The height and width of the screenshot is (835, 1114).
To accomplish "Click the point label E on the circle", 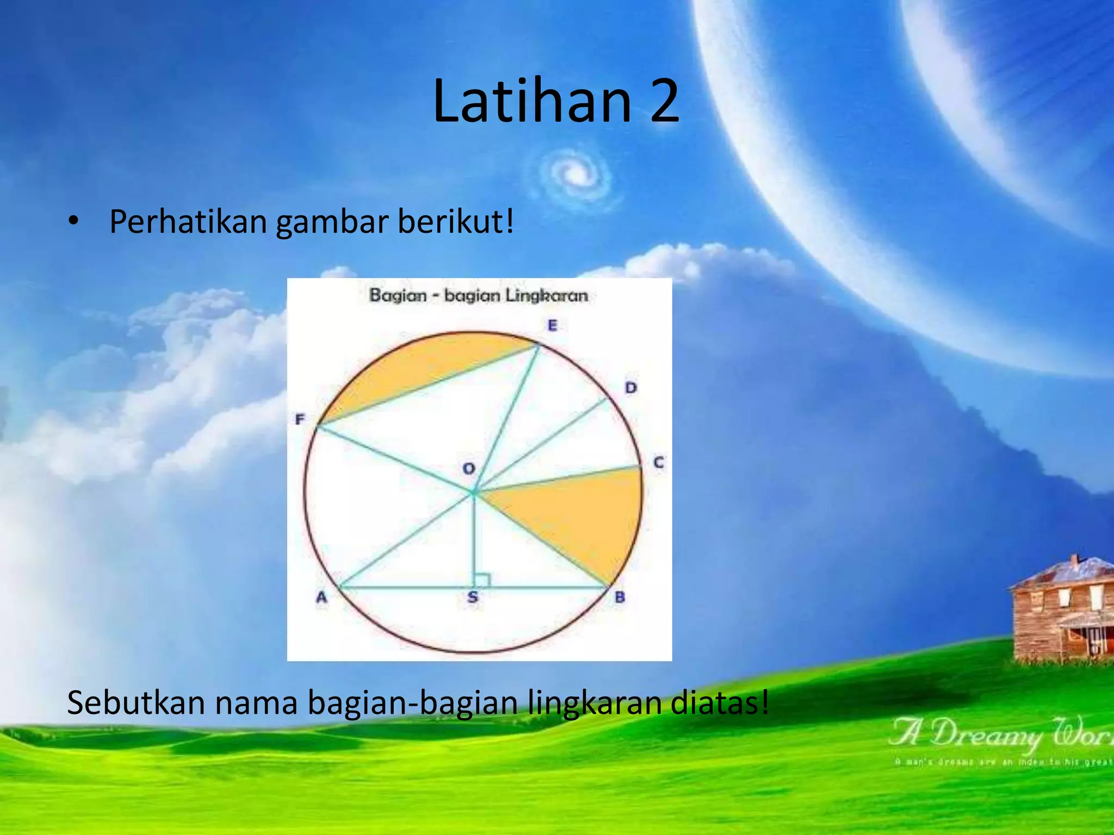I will click(x=552, y=326).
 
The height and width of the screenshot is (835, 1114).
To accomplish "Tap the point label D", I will click(x=630, y=388).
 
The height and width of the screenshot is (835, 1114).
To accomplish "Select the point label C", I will click(x=658, y=463).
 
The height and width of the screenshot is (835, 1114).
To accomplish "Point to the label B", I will click(x=620, y=597).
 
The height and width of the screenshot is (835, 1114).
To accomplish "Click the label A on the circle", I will click(x=321, y=597).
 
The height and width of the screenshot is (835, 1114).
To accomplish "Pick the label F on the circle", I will click(x=300, y=419).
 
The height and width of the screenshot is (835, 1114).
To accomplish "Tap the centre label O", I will click(x=468, y=468).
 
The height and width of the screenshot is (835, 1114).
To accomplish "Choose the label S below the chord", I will click(x=473, y=597).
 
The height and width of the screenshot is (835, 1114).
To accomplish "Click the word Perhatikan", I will click(x=188, y=222).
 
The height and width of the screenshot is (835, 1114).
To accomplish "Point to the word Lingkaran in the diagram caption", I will click(x=547, y=296).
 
